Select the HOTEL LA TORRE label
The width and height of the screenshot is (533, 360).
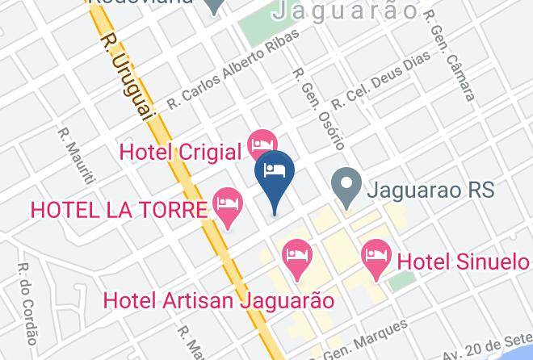(119, 210)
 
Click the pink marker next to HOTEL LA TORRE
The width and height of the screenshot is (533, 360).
(228, 207)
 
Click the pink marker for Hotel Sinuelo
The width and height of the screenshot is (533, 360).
(376, 258)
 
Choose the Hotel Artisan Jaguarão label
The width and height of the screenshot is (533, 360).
(219, 300)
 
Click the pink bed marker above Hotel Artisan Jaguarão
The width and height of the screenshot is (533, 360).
(297, 258)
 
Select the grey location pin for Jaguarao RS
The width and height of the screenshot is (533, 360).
(346, 186)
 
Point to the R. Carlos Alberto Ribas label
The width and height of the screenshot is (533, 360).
(233, 69)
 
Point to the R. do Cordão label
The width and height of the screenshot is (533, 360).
(27, 303)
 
